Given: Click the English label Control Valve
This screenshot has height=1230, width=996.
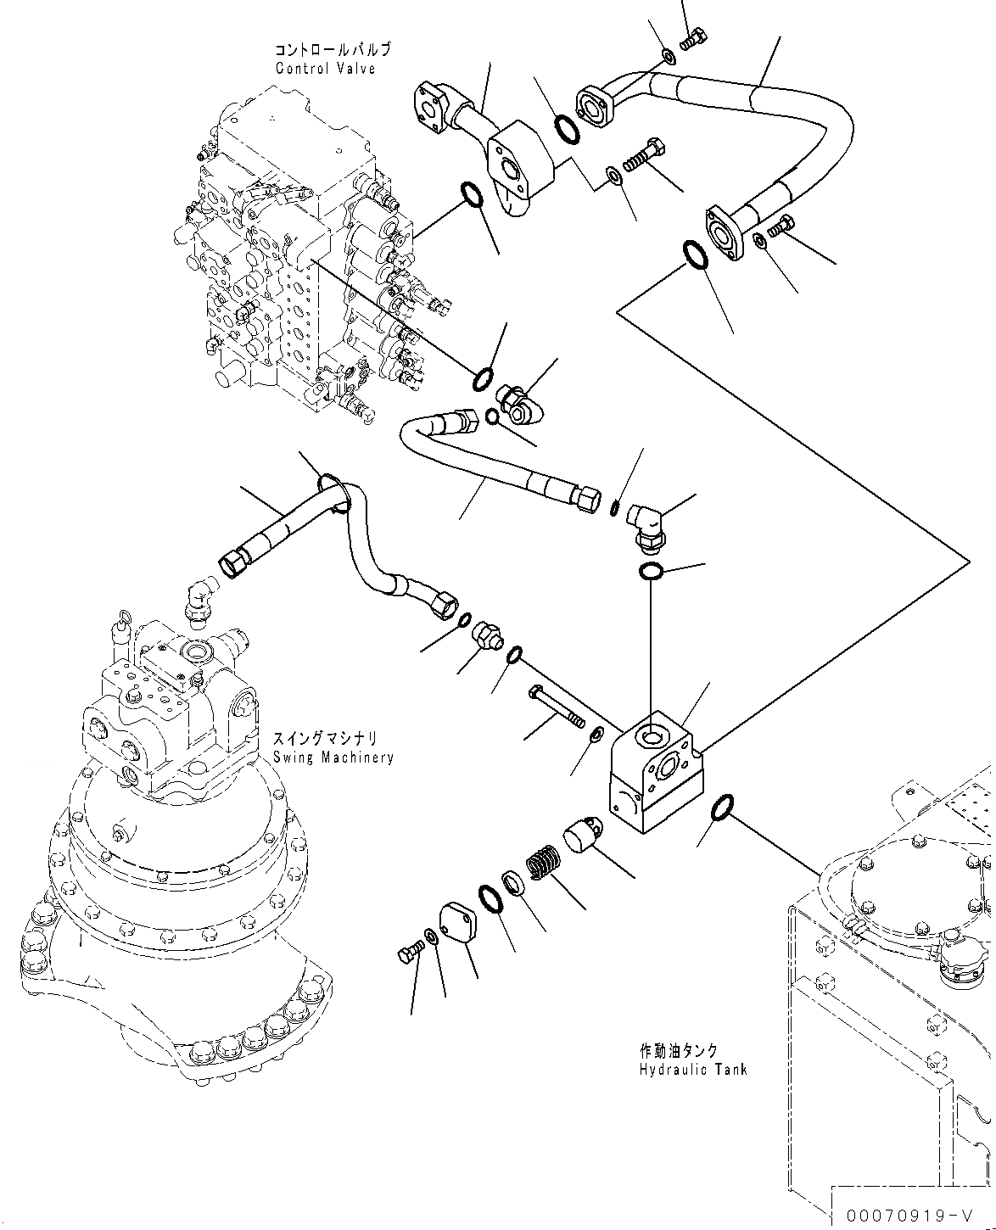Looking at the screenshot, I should [x=325, y=68].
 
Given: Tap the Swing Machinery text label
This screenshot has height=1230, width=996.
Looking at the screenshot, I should [x=333, y=758].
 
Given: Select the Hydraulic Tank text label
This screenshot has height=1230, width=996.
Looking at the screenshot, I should [x=693, y=1070].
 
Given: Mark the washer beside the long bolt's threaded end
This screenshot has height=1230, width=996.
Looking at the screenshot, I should [x=596, y=734].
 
